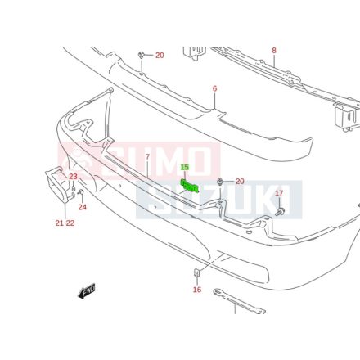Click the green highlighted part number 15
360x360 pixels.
point(185,167)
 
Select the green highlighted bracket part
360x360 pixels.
point(190,186)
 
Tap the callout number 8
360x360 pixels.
point(274,51)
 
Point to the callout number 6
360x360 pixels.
point(214,88)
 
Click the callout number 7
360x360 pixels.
point(147,157)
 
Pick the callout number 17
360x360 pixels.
point(279,193)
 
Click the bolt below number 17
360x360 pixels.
point(280,212)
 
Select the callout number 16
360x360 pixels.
point(197,290)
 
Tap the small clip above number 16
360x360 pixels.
point(196,272)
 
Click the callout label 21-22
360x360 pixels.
point(65,223)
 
